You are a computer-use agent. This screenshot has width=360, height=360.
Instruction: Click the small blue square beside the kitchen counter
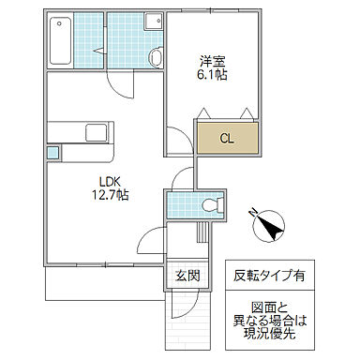point(52,150)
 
